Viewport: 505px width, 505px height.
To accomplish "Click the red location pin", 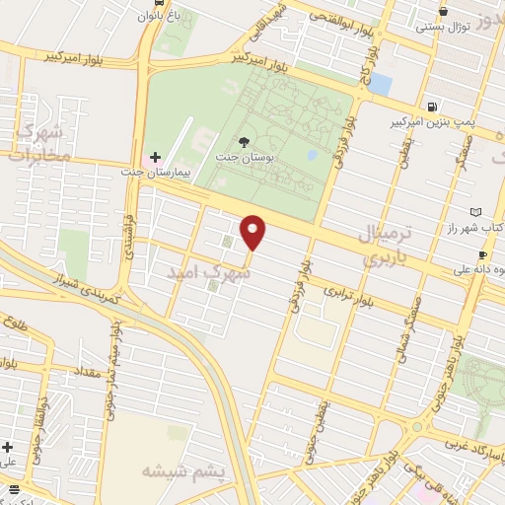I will (x=254, y=232).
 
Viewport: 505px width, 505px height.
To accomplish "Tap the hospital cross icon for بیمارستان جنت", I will (x=155, y=157).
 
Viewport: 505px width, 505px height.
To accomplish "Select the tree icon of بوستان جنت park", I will (x=245, y=143).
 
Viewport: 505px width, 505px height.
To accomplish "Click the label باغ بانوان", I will (x=159, y=15).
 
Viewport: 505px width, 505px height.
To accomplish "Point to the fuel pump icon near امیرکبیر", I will (x=432, y=107).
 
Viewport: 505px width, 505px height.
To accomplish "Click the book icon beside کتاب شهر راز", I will (x=477, y=212).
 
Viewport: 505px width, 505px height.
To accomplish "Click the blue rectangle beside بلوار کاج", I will (x=381, y=84).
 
